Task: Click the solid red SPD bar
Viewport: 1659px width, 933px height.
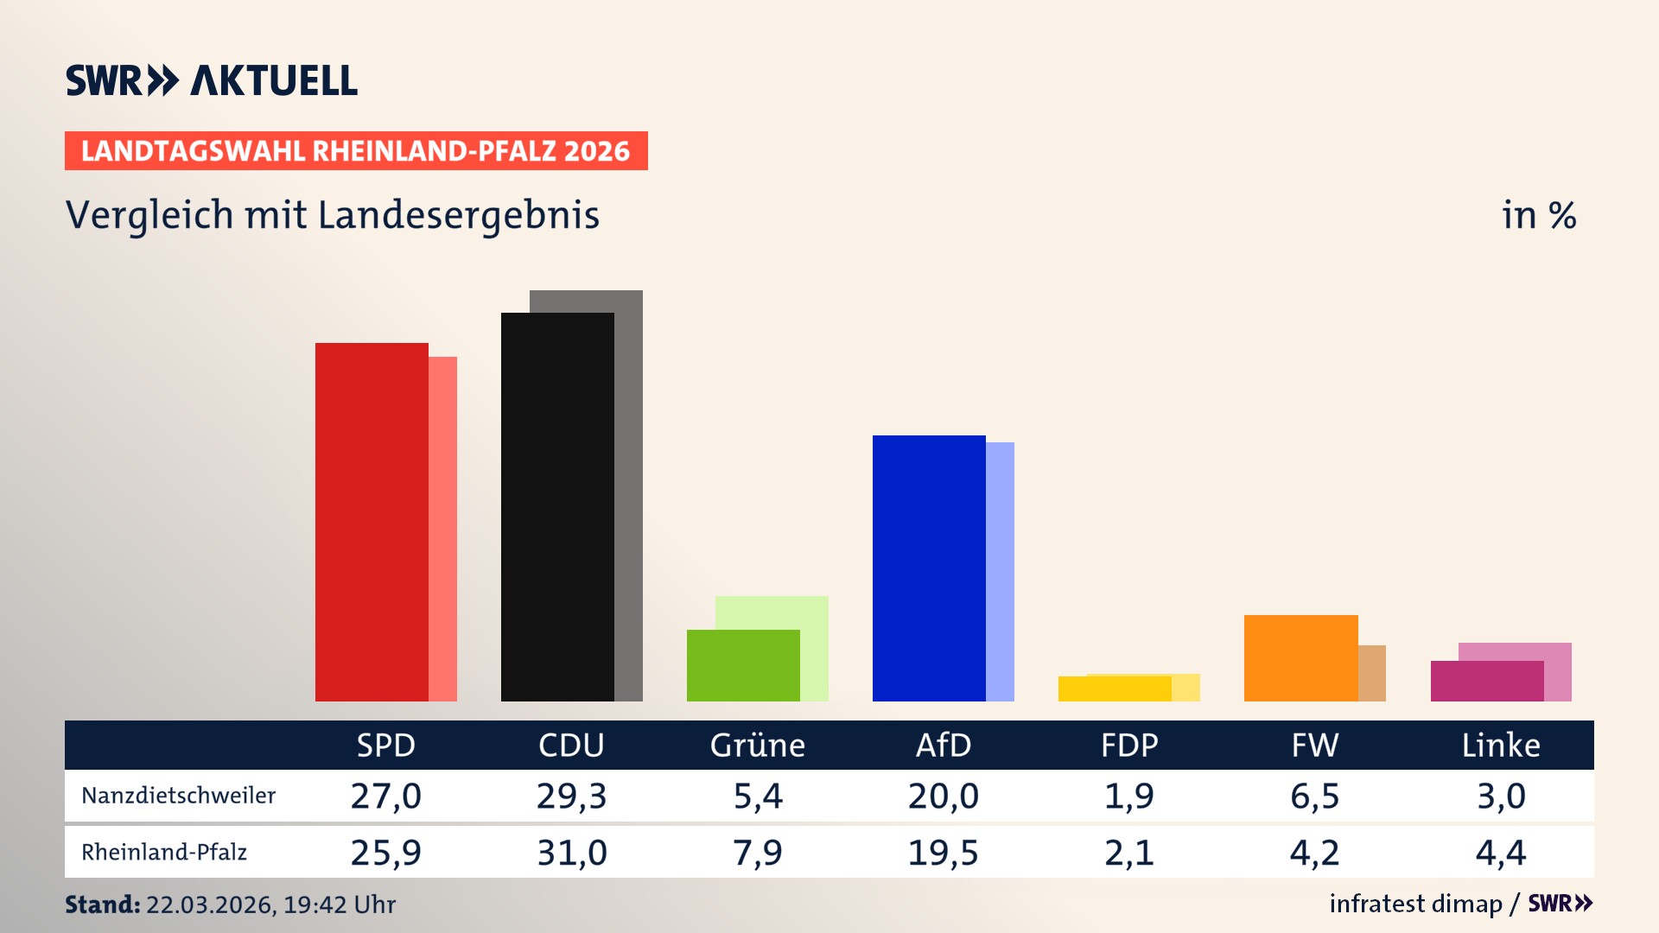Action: click(x=372, y=522)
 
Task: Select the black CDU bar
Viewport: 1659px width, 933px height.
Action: click(x=557, y=507)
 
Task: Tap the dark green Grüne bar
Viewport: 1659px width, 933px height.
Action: click(x=743, y=665)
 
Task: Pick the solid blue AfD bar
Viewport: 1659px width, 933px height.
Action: click(x=929, y=568)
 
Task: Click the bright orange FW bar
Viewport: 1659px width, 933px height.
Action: click(x=1300, y=657)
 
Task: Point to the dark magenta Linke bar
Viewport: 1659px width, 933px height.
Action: click(x=1486, y=681)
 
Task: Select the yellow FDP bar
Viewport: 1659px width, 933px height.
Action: click(x=1115, y=689)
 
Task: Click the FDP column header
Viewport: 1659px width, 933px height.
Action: click(x=1128, y=745)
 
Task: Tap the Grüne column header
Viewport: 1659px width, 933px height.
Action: click(x=757, y=745)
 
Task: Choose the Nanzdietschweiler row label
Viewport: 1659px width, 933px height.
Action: click(x=178, y=796)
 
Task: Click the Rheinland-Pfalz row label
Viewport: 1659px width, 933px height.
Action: click(x=164, y=853)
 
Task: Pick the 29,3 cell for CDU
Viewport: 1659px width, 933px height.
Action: click(x=571, y=796)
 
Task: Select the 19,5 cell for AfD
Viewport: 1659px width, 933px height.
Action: click(x=943, y=853)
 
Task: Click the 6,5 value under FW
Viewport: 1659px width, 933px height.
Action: click(x=1314, y=796)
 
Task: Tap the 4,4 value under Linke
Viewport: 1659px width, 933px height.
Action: click(x=1500, y=853)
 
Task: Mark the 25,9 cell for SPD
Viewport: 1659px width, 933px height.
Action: click(x=385, y=853)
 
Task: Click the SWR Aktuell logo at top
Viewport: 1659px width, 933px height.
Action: click(x=211, y=80)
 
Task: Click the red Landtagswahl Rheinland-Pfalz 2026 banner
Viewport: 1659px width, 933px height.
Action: click(x=356, y=151)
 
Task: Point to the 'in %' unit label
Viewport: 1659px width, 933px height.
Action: click(x=1538, y=215)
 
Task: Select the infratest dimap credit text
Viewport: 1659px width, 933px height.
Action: click(x=1415, y=904)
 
